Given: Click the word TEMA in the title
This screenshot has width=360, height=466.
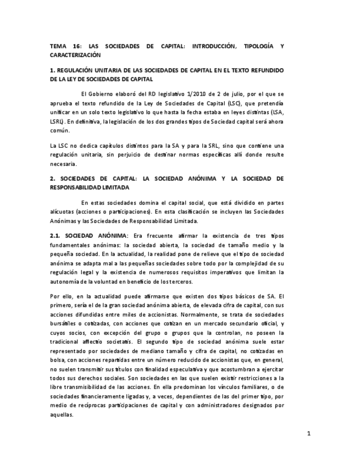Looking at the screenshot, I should click(57, 46).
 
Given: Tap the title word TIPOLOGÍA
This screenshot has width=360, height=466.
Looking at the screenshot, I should click(260, 46).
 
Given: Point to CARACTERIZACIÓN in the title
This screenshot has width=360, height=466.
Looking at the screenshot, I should click(75, 55).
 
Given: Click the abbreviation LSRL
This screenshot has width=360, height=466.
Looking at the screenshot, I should click(57, 121).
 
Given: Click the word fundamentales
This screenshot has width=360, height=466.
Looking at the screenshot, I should click(69, 245).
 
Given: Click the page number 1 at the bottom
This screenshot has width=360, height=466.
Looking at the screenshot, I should click(309, 434).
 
